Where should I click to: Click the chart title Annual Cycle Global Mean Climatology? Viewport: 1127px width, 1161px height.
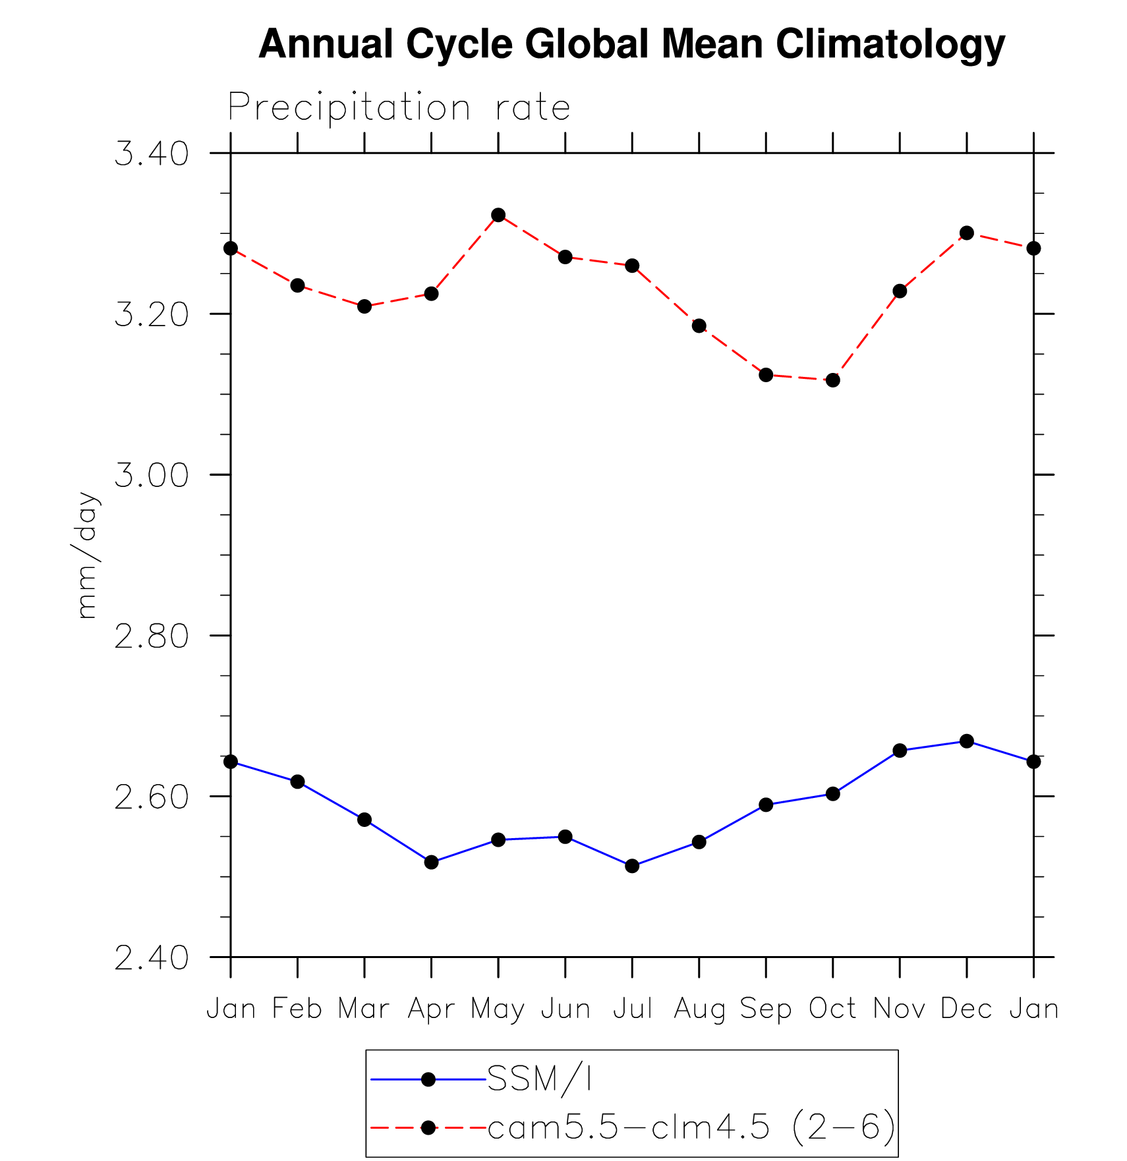631,45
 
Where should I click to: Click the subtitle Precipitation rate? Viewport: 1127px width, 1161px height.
399,107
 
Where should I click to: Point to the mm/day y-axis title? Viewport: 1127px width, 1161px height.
87,555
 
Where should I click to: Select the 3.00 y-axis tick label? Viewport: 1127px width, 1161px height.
152,476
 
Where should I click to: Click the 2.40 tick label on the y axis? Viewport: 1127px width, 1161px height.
152,958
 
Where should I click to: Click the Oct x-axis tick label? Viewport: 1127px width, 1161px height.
832,1009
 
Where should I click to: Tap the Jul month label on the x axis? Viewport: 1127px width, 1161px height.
632,1009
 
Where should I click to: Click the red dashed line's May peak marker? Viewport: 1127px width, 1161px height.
498,215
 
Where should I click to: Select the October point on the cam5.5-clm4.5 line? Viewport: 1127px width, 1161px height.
833,380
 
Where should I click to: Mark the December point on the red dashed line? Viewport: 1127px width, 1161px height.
967,233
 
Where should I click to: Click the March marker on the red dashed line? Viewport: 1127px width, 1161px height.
364,306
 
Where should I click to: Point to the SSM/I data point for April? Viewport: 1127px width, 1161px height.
431,862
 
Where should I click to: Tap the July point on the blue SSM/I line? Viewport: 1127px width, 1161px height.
632,866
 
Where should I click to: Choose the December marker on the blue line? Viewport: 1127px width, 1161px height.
967,741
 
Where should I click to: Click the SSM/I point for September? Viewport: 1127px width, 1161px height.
766,805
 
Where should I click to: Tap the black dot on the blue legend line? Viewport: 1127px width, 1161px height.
428,1079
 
